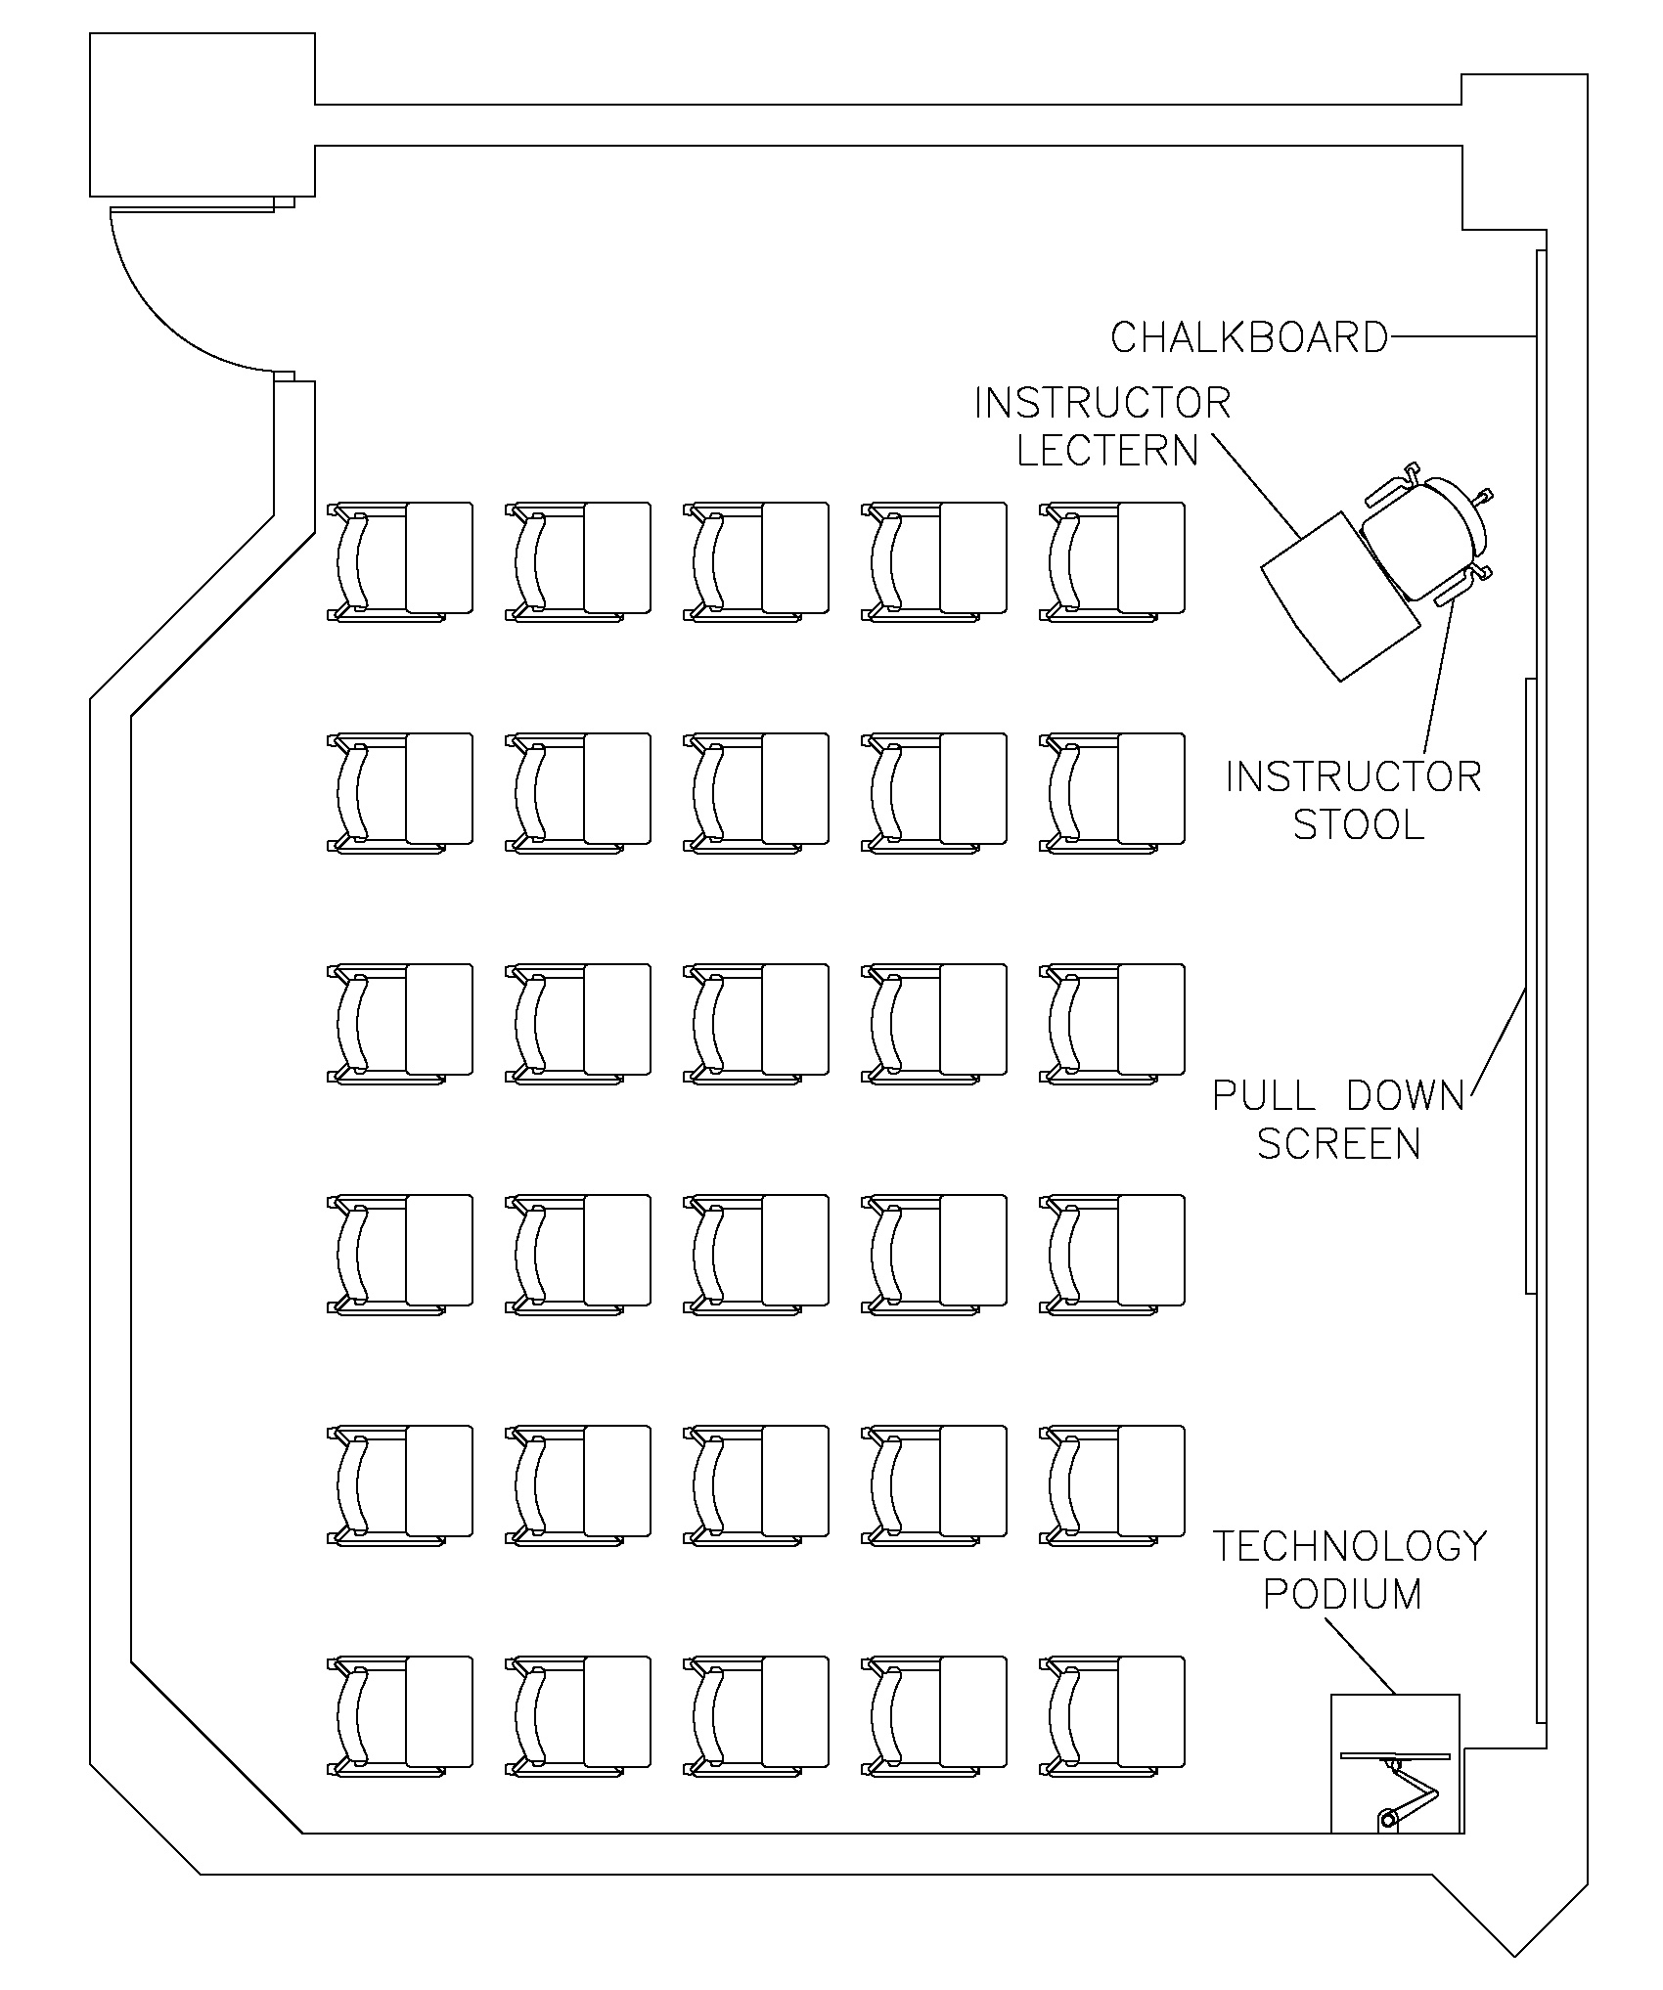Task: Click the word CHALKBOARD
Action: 1249,336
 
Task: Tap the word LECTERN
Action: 1107,450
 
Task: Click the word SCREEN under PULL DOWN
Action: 1338,1143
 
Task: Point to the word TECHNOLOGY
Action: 1350,1546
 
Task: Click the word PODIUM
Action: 1342,1594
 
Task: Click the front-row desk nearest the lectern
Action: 1150,558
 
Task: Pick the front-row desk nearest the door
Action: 438,558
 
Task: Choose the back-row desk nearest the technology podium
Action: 1150,1711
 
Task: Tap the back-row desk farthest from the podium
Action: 438,1711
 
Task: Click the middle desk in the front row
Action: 794,558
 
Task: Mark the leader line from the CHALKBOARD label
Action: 1462,337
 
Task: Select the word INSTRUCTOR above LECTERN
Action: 1102,403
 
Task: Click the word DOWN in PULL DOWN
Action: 1405,1095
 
